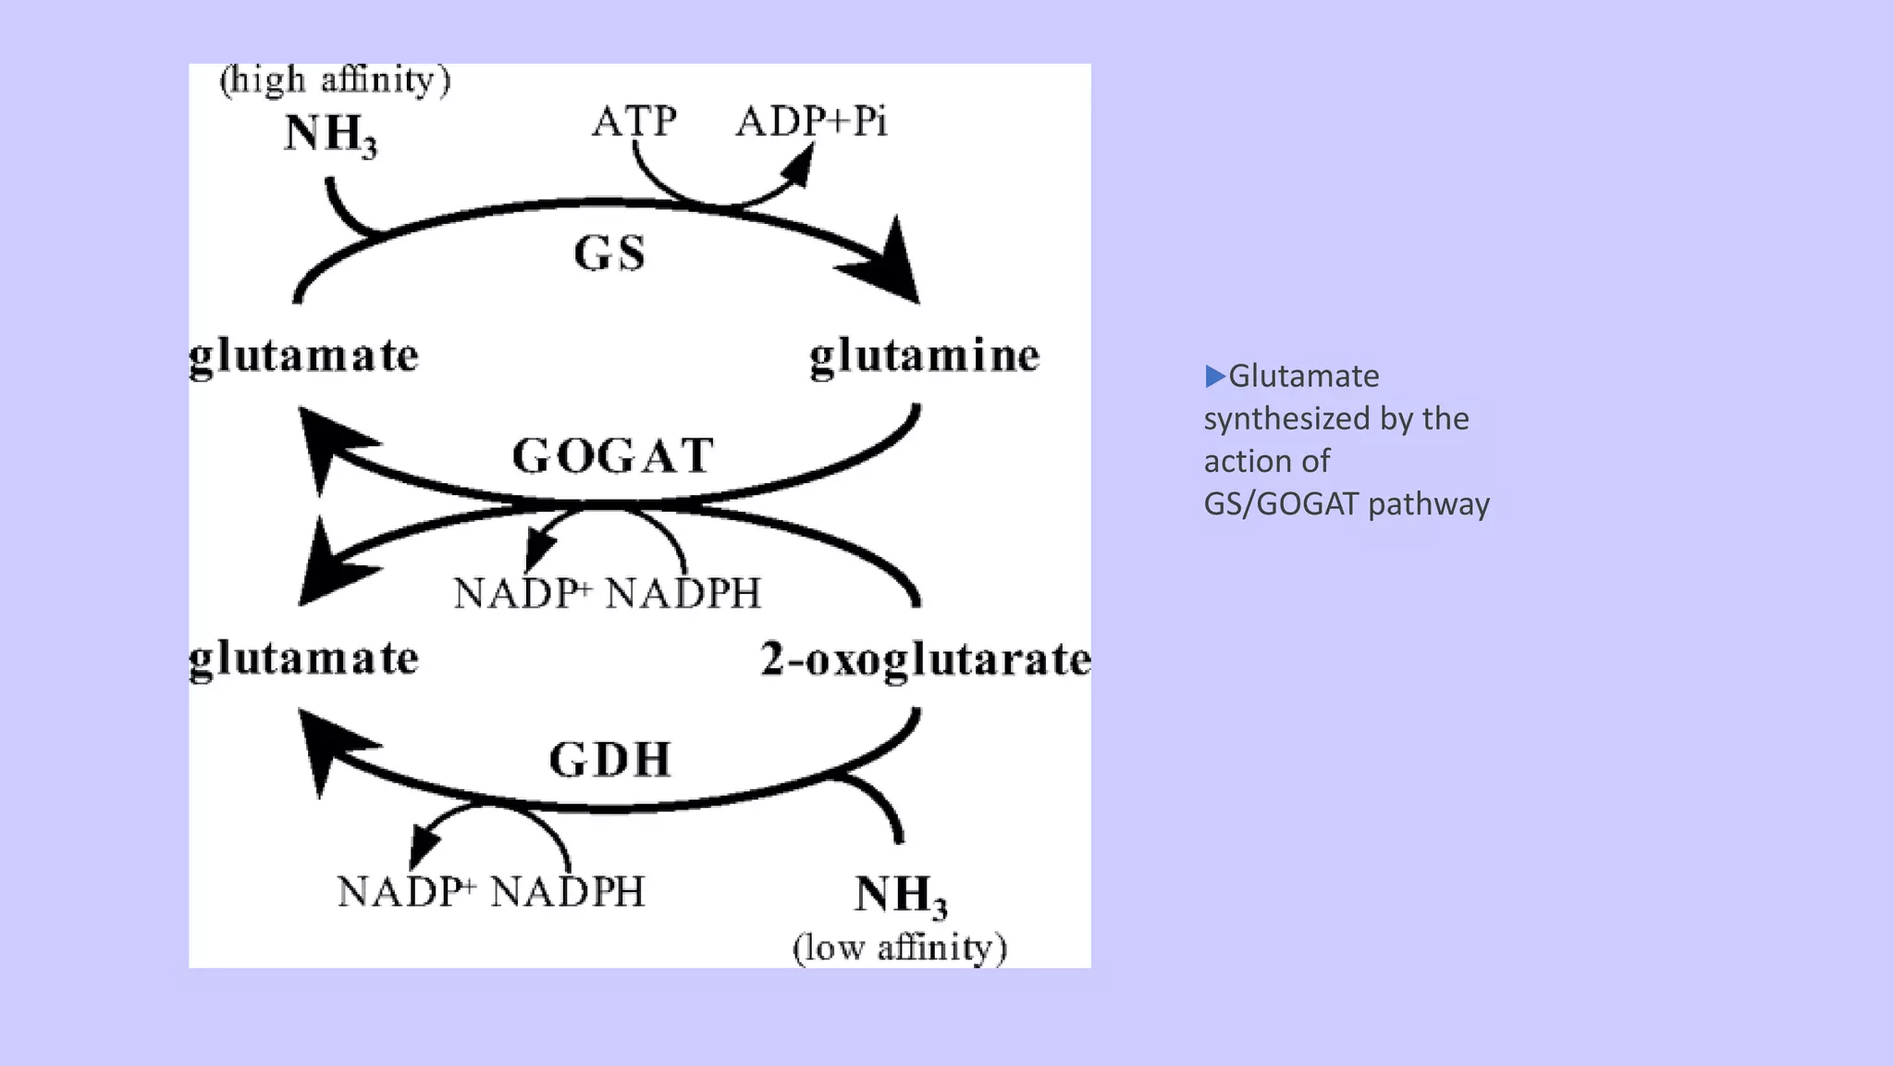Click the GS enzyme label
click(x=609, y=254)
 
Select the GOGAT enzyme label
click(x=613, y=456)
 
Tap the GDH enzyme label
click(x=609, y=760)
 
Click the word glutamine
click(x=924, y=356)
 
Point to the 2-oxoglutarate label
click(x=926, y=660)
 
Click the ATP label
click(x=634, y=121)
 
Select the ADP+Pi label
click(x=811, y=121)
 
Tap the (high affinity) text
click(x=335, y=81)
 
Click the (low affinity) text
click(x=900, y=948)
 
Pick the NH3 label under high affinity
click(x=330, y=135)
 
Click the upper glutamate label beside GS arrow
click(x=303, y=356)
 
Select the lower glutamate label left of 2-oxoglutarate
click(x=303, y=660)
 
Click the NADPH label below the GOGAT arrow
click(x=683, y=593)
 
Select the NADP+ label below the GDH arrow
click(x=407, y=892)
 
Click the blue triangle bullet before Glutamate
click(x=1214, y=376)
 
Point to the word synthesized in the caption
click(x=1286, y=419)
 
